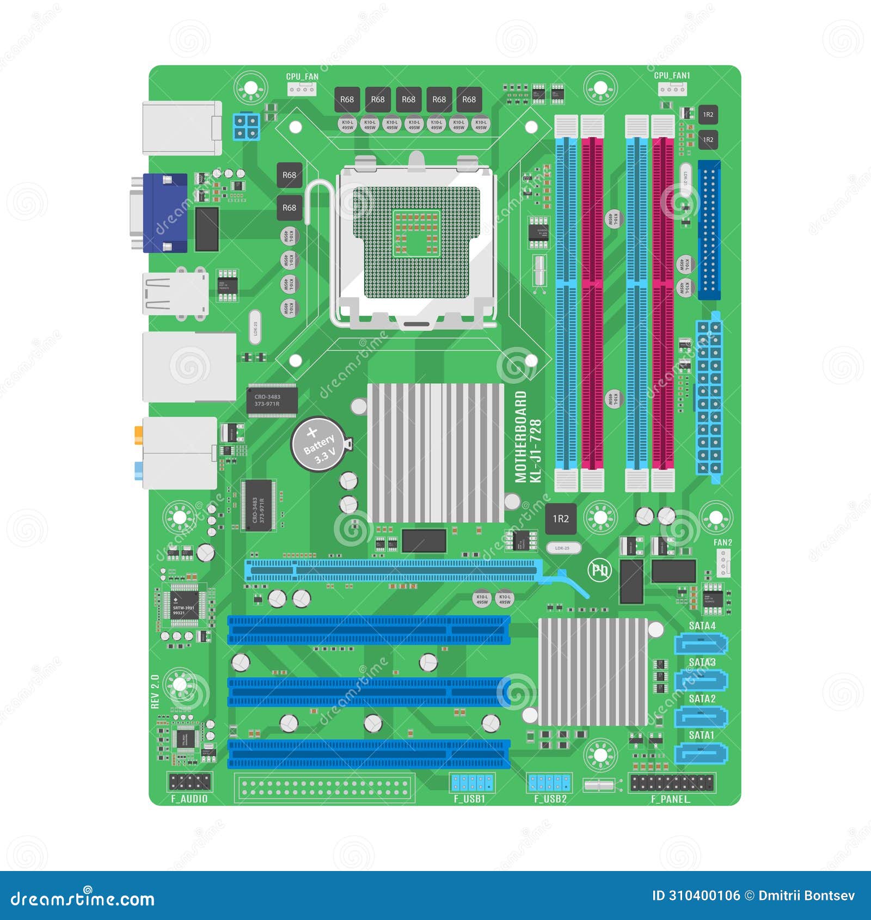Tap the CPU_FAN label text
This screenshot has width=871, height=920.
(302, 77)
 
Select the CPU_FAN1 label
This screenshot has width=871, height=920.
(671, 76)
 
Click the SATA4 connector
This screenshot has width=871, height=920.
(701, 645)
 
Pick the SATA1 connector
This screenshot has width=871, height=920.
(701, 754)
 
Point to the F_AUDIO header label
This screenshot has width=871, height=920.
(189, 799)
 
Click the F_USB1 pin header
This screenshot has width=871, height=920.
(472, 783)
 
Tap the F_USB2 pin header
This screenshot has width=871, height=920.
(549, 783)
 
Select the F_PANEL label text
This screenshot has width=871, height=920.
(671, 799)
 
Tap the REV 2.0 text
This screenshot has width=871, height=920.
(155, 691)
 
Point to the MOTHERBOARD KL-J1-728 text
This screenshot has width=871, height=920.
(528, 437)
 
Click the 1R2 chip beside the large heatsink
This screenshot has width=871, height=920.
(561, 519)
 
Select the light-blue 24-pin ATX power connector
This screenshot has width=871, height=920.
(709, 397)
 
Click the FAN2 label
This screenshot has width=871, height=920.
(722, 542)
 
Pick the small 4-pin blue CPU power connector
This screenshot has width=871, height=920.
(247, 126)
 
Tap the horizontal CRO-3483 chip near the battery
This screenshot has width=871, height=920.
(272, 400)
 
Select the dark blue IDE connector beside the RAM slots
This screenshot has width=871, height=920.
(709, 230)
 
